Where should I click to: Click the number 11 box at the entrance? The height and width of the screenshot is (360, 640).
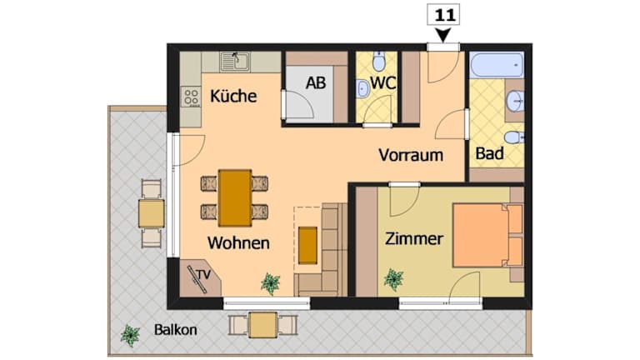click(443, 16)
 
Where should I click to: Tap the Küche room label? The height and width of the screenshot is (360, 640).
click(233, 97)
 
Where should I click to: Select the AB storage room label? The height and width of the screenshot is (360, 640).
click(316, 83)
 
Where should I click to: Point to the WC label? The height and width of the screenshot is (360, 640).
click(382, 83)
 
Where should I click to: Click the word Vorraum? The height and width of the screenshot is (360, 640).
click(411, 155)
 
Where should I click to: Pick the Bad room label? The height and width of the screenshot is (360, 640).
click(489, 154)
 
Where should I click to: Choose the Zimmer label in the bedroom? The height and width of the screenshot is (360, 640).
click(414, 239)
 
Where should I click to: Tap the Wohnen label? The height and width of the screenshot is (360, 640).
click(238, 242)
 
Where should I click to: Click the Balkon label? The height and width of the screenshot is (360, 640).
click(176, 330)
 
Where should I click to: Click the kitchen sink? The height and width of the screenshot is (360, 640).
click(236, 62)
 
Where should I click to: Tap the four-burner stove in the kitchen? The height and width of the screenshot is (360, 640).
click(191, 97)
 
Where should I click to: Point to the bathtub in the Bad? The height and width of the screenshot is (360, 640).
click(497, 64)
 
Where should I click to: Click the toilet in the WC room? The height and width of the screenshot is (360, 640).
click(379, 61)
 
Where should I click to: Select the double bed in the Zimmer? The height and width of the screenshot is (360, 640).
click(487, 235)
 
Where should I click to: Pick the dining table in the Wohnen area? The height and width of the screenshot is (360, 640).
click(235, 198)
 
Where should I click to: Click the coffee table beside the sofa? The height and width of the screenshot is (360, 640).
click(307, 245)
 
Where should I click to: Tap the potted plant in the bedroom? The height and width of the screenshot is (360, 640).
click(393, 279)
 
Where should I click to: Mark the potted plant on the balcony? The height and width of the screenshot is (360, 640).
click(131, 335)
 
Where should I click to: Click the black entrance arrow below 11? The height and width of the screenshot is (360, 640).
click(442, 35)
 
